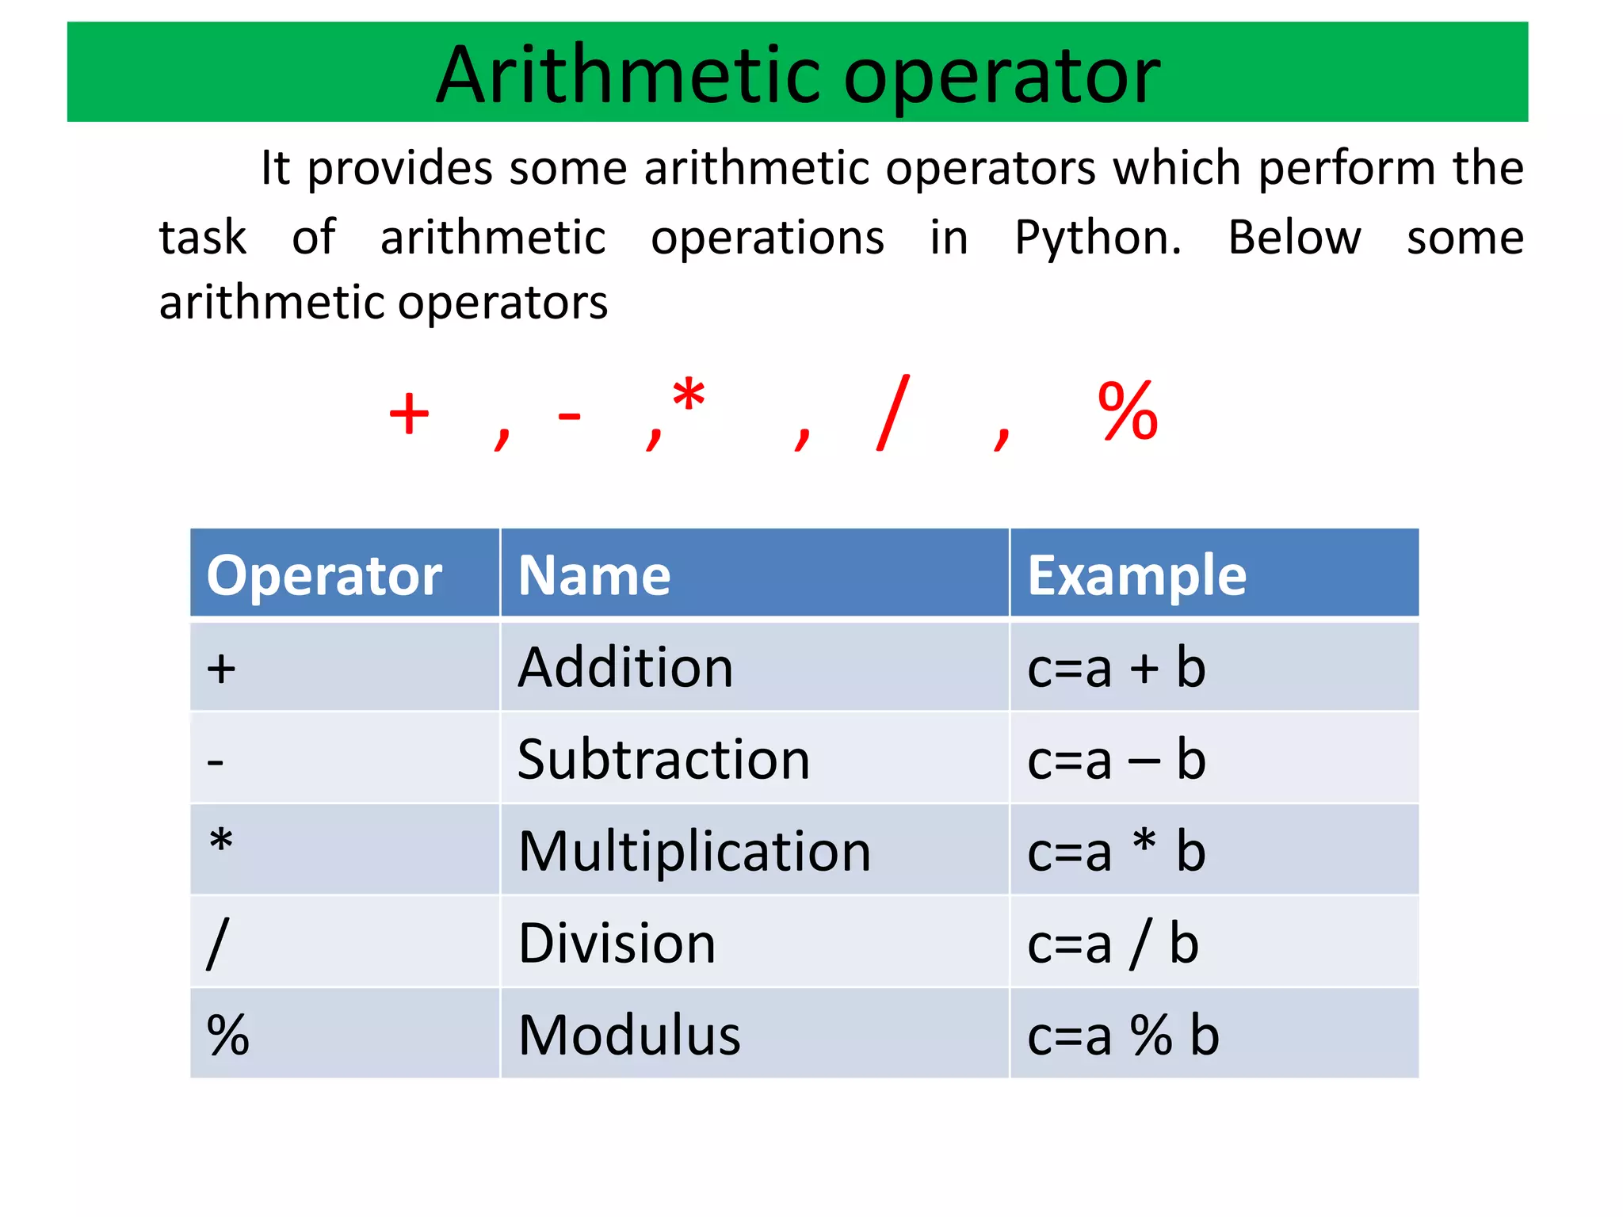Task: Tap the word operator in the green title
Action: (1002, 77)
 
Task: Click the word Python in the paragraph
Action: (1098, 237)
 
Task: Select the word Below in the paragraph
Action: (1294, 237)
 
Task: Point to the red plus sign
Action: (409, 414)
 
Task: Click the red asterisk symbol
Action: (688, 395)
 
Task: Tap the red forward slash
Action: (893, 413)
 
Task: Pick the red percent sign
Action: (1128, 411)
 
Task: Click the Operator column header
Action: (324, 575)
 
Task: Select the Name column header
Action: (594, 575)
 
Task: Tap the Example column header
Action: (1136, 575)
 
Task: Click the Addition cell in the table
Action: (625, 667)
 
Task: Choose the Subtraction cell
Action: (663, 759)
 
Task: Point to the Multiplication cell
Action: (694, 852)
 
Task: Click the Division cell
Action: (617, 944)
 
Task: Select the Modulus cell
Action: (629, 1036)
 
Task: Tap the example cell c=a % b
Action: (1123, 1036)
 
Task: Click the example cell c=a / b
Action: (1113, 944)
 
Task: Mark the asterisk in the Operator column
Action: (221, 840)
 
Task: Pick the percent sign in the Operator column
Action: (227, 1036)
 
